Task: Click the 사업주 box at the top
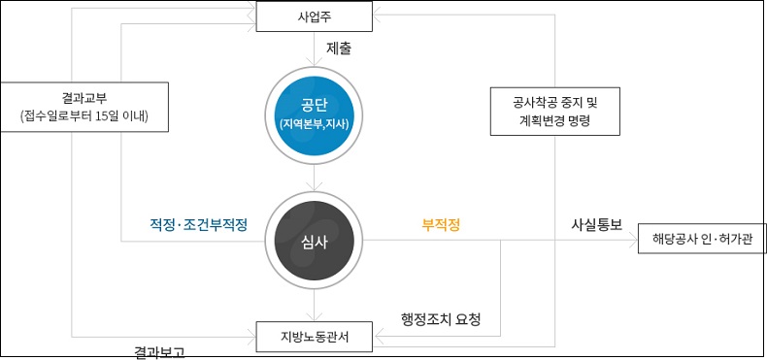coord(315,16)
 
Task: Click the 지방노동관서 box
coord(315,336)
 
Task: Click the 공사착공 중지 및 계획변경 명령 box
coord(554,111)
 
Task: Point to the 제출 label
coord(338,47)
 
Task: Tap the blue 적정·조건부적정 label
coord(198,224)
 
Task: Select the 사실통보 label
coord(596,224)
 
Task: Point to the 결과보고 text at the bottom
coord(158,351)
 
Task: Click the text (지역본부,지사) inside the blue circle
coord(315,123)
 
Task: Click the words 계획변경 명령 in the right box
coord(554,121)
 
